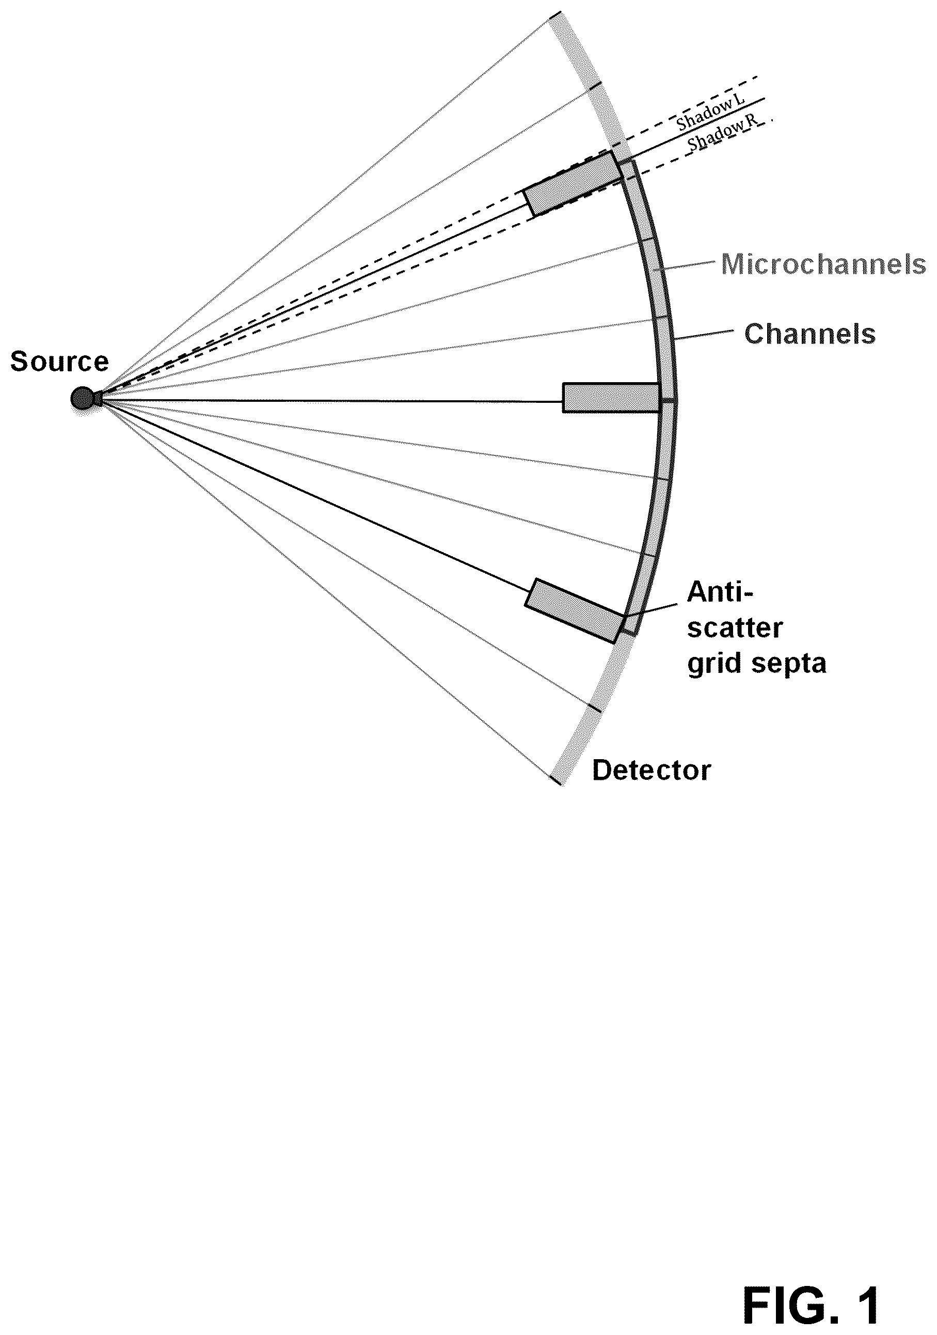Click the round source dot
tap(83, 399)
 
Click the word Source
tap(59, 362)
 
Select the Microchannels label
tap(823, 264)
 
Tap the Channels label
tap(809, 334)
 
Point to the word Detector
tap(652, 771)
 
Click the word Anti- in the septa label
tap(720, 592)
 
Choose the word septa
tap(792, 665)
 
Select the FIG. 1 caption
tap(812, 1288)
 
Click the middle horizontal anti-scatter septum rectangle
tap(611, 398)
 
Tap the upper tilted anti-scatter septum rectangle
tap(572, 184)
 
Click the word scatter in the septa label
tap(735, 629)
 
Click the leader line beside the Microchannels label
tap(689, 266)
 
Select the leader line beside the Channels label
tap(703, 335)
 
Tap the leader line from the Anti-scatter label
tap(651, 609)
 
